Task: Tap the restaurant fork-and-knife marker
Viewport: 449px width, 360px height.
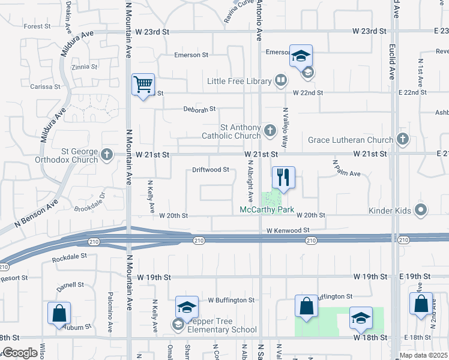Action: [283, 178]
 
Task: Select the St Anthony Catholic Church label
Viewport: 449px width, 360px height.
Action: [240, 131]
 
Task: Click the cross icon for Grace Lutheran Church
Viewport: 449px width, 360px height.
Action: [402, 140]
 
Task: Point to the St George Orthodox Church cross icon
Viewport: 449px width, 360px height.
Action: [107, 155]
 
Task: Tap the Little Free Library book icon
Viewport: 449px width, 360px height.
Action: [280, 80]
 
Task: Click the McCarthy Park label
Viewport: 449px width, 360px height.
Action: [267, 209]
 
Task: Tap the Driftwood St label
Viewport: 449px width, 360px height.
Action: [211, 170]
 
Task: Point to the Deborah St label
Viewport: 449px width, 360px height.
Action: [199, 110]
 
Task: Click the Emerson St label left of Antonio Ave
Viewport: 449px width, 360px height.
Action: [191, 55]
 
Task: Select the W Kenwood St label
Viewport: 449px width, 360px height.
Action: [288, 230]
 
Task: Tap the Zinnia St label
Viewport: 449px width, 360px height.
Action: [83, 67]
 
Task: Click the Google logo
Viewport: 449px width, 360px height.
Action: [20, 353]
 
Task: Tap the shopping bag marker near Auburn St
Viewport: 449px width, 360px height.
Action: [59, 313]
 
